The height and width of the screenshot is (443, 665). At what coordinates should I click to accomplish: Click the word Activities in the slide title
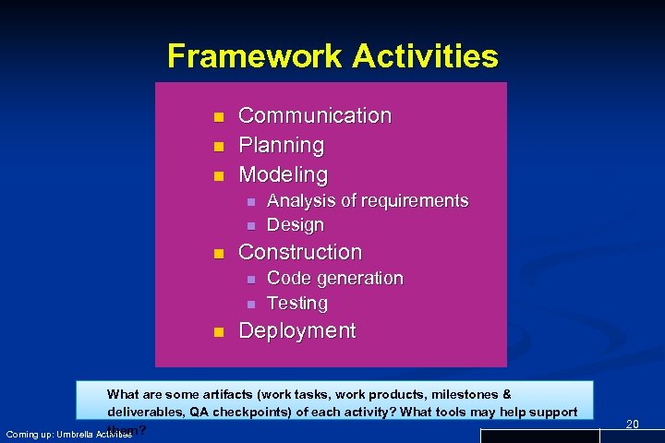pos(426,56)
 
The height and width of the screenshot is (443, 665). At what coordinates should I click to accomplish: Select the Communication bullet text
pos(315,115)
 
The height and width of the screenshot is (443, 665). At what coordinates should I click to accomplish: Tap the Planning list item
pos(282,145)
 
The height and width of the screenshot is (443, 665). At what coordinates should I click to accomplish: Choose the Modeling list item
pos(284,174)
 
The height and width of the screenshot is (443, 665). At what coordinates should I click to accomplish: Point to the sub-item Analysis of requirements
pos(368,200)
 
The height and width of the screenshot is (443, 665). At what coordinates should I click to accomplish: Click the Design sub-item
pos(296,224)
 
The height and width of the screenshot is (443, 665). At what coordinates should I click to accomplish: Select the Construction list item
pos(300,252)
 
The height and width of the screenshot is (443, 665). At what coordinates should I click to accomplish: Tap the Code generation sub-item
pos(335,278)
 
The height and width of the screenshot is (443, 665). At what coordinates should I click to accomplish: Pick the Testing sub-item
pos(297,303)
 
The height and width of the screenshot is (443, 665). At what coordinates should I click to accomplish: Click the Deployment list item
pos(297,330)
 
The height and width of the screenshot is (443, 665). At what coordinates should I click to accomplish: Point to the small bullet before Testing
pos(249,304)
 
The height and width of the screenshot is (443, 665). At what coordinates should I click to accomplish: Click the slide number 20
pos(632,424)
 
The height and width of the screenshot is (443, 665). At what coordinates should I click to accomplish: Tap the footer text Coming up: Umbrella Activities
pos(68,434)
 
